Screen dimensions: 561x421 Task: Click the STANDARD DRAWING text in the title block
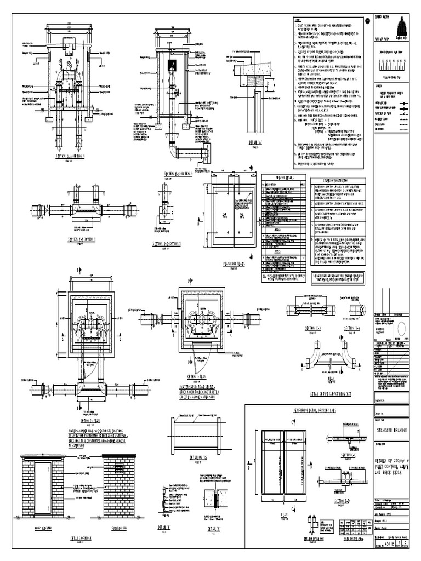391,431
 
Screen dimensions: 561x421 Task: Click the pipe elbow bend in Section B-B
173,150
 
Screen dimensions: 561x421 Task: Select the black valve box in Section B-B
171,65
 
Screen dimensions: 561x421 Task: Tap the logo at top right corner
400,25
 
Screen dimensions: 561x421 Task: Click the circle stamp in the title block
401,328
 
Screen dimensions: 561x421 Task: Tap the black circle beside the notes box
367,21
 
